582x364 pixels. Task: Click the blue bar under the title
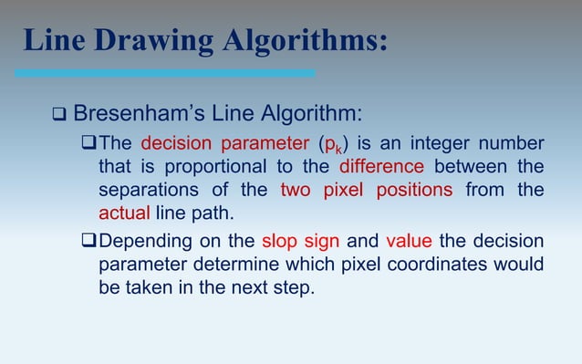click(165, 73)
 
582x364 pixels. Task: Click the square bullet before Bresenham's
click(58, 116)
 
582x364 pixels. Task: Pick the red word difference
click(380, 167)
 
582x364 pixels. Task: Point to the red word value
click(410, 242)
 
